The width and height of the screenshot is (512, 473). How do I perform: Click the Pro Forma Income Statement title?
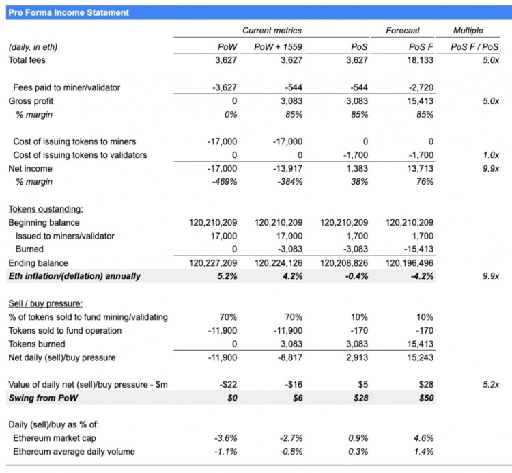(68, 12)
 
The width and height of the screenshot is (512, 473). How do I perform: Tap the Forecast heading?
(403, 30)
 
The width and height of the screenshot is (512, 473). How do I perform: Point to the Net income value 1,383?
(356, 168)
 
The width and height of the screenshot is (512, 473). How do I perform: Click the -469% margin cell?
(224, 182)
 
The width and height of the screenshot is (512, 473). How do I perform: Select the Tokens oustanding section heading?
(45, 209)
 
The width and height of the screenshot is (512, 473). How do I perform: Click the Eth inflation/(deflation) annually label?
(74, 276)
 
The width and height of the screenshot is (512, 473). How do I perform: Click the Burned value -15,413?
(418, 249)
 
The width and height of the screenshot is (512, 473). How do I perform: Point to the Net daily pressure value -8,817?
(287, 357)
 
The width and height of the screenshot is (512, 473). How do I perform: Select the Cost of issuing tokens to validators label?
(80, 155)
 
